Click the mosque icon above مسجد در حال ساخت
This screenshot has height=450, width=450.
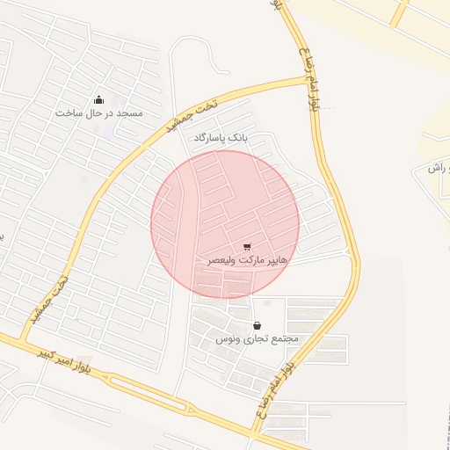coord(98,99)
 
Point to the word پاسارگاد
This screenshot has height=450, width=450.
coord(209,139)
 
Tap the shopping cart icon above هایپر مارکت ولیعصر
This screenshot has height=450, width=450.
coord(247,247)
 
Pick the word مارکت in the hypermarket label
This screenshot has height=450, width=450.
coord(246,261)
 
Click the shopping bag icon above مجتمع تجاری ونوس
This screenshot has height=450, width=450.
coord(257,325)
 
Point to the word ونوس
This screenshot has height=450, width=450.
coord(227,339)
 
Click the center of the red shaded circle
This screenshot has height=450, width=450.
coord(225,224)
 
